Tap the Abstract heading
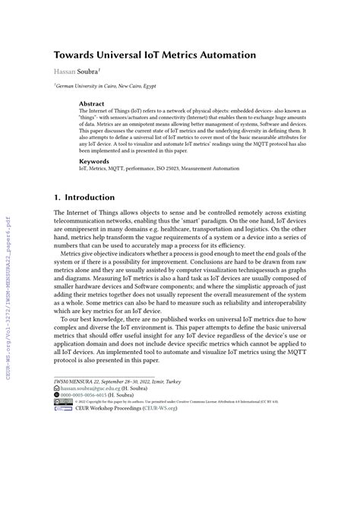click(92, 103)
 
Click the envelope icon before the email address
click(57, 450)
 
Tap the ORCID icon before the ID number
click(57, 458)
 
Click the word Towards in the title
click(75, 55)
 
